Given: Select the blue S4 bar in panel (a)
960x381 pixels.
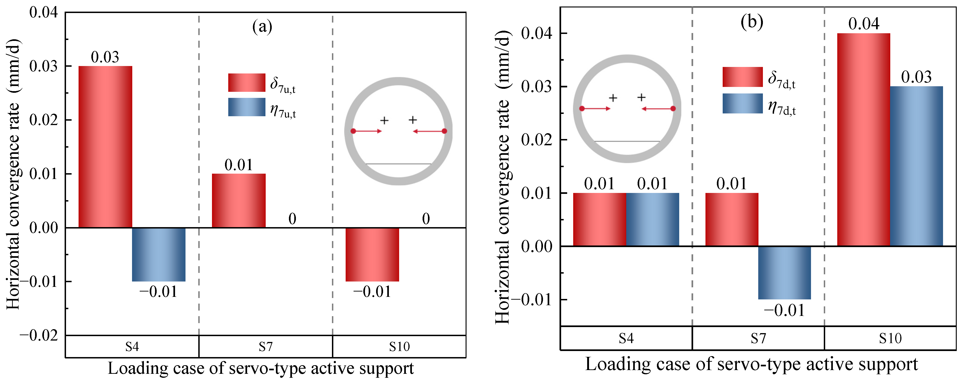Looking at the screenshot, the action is click(159, 255).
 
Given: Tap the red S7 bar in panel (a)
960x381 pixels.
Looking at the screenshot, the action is click(239, 201).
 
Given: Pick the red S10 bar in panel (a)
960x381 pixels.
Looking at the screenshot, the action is click(372, 255).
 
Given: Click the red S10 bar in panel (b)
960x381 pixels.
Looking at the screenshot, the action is click(864, 140).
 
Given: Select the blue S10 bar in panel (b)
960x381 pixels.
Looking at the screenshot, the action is click(916, 166).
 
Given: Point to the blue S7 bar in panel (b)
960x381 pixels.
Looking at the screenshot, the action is click(785, 272).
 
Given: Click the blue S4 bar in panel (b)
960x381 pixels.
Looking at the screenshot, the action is click(652, 220).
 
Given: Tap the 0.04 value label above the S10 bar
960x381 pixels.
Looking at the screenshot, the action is click(864, 24).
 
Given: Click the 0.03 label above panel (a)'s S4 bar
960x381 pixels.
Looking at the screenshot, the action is click(105, 57).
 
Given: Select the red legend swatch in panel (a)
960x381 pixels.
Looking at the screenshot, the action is click(247, 82).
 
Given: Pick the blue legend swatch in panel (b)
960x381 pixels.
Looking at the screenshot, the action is click(743, 103).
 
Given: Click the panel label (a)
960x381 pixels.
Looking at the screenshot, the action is click(262, 27).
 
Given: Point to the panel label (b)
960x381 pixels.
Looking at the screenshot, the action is click(752, 22).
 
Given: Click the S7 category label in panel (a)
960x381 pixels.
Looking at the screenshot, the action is click(266, 347).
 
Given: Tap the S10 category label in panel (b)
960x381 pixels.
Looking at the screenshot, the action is click(890, 338).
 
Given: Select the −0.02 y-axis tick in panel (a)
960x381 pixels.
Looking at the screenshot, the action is click(39, 335).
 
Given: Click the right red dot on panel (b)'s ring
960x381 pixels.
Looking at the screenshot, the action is click(673, 109).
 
